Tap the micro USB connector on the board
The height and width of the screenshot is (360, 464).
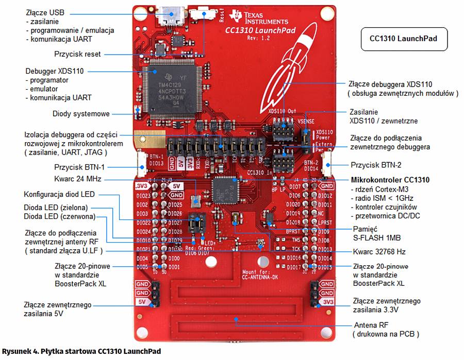point(171,15)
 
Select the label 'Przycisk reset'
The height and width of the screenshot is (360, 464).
point(78,54)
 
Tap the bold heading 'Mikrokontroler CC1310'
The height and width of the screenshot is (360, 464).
point(390,180)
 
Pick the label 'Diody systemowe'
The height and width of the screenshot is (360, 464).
point(81,114)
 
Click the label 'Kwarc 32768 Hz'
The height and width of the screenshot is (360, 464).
point(378,252)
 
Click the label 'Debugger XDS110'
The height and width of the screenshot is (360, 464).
point(54,71)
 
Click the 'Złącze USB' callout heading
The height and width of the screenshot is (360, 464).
point(45,12)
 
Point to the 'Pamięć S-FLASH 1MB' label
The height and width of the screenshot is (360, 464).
point(377,233)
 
